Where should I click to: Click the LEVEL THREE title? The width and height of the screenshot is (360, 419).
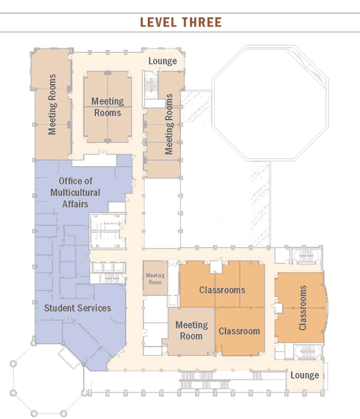tap(181, 22)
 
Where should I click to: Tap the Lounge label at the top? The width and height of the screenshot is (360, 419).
tap(163, 61)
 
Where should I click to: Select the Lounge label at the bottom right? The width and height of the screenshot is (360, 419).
tap(304, 375)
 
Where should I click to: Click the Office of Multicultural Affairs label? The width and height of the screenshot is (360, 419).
tap(75, 193)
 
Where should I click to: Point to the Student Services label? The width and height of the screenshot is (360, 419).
tap(78, 308)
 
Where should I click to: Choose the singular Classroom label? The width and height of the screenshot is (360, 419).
tap(239, 331)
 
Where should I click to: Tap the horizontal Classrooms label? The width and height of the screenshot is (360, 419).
tap(222, 290)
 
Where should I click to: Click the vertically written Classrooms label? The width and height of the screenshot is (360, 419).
tap(302, 307)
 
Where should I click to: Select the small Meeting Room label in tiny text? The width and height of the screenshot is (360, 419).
tap(155, 279)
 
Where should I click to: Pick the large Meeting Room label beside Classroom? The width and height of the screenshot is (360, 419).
tap(192, 330)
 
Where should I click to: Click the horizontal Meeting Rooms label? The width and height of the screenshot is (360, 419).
tap(107, 107)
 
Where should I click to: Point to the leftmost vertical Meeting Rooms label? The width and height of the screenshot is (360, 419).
tap(52, 104)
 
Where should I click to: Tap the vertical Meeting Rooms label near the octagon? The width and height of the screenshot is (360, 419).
tap(169, 124)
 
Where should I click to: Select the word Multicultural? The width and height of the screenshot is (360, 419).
tap(75, 193)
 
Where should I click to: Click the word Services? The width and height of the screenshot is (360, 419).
tap(94, 308)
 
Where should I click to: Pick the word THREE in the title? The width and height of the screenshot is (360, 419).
tap(202, 22)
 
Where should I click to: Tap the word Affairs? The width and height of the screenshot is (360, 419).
tap(75, 204)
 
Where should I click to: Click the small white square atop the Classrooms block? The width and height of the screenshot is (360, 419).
tap(216, 267)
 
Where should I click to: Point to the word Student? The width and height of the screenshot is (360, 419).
tap(59, 308)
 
